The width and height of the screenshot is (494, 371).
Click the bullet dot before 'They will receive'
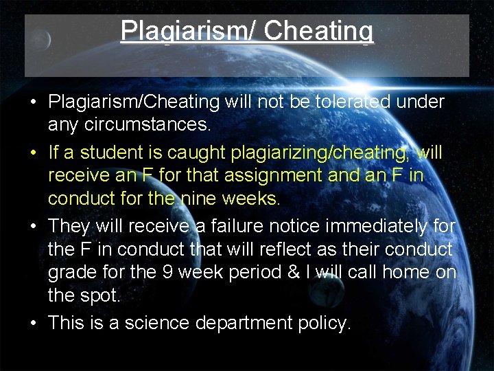(33, 225)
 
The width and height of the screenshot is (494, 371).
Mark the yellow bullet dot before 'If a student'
(33, 153)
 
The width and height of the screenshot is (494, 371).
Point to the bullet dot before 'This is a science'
(33, 323)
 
